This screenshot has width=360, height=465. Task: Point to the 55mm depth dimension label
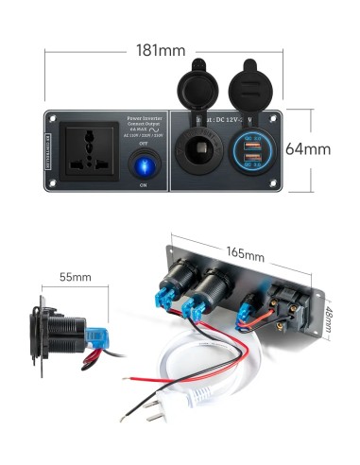(75, 277)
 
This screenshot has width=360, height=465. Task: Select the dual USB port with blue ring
(252, 152)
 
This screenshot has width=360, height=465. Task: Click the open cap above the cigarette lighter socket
(201, 85)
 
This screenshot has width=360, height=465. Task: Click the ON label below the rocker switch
(143, 185)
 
